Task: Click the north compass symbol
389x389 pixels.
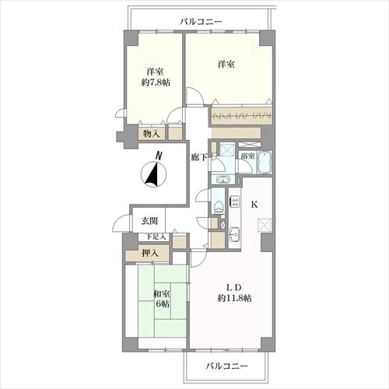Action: pyautogui.click(x=153, y=174)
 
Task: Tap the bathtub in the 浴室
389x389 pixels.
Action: pyautogui.click(x=265, y=163)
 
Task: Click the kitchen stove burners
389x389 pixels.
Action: pyautogui.click(x=235, y=202)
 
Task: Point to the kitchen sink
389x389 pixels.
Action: pyautogui.click(x=235, y=234)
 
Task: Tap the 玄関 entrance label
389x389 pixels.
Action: pyautogui.click(x=149, y=221)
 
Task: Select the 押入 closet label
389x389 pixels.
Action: pyautogui.click(x=150, y=253)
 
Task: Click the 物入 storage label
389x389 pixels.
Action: pyautogui.click(x=151, y=134)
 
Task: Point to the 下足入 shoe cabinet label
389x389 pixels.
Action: pyautogui.click(x=156, y=237)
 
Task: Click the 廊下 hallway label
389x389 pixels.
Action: pyautogui.click(x=199, y=157)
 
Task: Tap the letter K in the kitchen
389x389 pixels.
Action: pyautogui.click(x=254, y=205)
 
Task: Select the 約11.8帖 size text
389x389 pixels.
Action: pyautogui.click(x=234, y=298)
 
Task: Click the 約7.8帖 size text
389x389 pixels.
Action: pyautogui.click(x=156, y=82)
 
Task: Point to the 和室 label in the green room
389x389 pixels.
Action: pyautogui.click(x=162, y=294)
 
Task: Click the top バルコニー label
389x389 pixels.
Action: pyautogui.click(x=201, y=22)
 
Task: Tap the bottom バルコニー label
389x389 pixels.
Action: pyautogui.click(x=227, y=366)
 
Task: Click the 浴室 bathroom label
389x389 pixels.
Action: pyautogui.click(x=247, y=156)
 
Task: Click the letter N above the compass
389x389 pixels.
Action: pyautogui.click(x=159, y=156)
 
